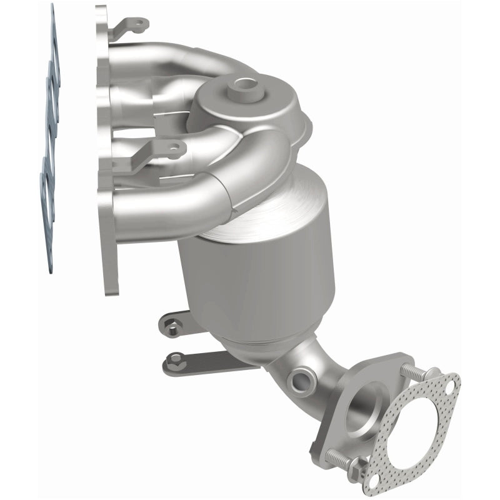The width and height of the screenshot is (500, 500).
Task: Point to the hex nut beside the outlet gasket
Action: (x=357, y=466)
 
